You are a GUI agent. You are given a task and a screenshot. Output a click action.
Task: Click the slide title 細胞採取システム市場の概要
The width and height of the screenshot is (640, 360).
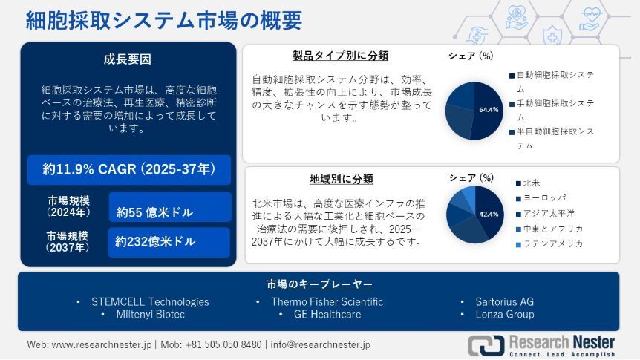coord(163,20)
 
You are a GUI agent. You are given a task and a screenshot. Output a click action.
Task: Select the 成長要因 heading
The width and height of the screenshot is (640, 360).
coord(128,59)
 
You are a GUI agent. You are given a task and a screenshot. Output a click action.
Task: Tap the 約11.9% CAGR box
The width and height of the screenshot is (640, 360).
coord(129,169)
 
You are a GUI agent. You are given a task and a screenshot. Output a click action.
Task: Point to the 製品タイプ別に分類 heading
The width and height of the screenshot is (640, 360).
coord(340,56)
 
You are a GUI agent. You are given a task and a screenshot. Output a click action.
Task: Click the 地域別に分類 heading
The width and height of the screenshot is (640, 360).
coord(342,179)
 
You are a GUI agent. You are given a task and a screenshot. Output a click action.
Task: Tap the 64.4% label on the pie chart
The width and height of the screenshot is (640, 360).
coord(489,110)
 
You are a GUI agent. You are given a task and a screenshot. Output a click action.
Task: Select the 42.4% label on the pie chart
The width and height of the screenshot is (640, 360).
coord(489,215)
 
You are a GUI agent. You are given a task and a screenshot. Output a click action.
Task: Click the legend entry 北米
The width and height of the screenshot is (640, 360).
coord(528,183)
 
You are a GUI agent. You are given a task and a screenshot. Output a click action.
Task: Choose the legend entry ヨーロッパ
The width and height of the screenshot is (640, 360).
coord(541,198)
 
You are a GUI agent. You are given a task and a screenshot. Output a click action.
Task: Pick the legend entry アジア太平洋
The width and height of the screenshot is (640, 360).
coord(545,214)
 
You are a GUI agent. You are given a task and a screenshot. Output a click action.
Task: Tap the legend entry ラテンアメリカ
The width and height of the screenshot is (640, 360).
coord(549,244)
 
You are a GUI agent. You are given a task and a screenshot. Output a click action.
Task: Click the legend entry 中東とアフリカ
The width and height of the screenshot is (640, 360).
coord(549,229)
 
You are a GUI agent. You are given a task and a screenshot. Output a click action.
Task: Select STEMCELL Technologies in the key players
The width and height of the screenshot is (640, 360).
coord(150,301)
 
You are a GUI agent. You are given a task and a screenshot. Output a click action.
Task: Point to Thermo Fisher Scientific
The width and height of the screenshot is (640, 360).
coord(327,301)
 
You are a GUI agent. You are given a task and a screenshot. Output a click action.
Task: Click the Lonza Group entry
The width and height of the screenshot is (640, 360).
coord(505,314)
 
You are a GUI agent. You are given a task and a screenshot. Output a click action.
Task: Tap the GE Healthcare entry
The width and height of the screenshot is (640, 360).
coord(327,314)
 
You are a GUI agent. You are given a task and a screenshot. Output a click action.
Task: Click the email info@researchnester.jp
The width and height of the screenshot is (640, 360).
coord(321,344)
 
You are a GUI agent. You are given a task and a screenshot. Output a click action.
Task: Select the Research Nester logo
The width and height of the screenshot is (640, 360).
coord(541,345)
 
